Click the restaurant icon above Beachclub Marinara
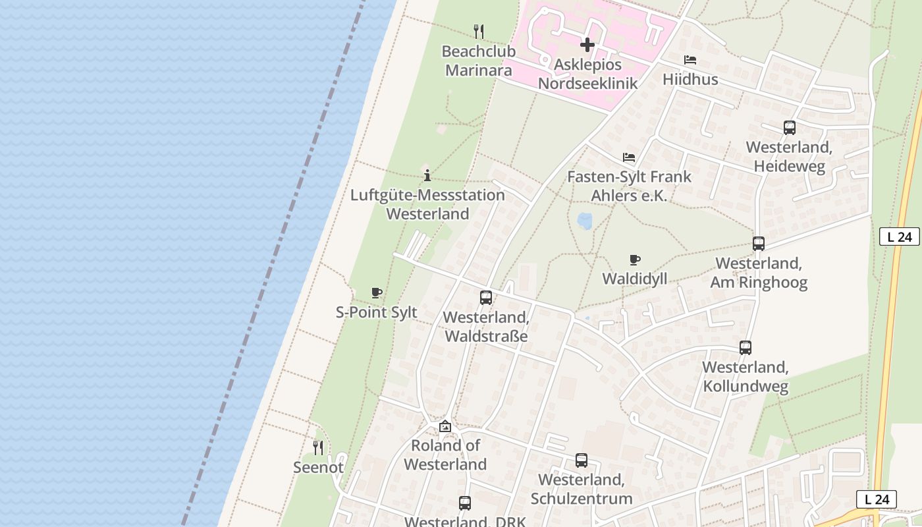[x=479, y=31]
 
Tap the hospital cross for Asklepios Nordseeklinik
[x=587, y=45]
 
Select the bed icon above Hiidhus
[x=690, y=60]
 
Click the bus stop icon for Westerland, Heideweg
[x=790, y=128]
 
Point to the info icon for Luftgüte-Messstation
[x=427, y=175]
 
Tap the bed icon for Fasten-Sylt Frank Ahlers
[x=629, y=157]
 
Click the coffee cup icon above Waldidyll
[x=635, y=260]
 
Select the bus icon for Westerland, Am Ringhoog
[x=759, y=244]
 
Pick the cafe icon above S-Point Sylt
[x=377, y=292]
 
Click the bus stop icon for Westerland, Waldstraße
[x=486, y=298]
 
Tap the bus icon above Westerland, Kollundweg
[x=746, y=348]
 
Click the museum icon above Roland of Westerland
[x=445, y=426]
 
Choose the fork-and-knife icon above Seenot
[x=318, y=448]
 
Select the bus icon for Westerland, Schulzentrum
[x=582, y=460]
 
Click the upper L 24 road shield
[x=899, y=236]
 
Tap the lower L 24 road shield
[x=877, y=499]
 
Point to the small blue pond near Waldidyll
[x=584, y=220]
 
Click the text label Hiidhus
[x=690, y=80]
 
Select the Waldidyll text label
[x=635, y=279]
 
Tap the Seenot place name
[x=318, y=468]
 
